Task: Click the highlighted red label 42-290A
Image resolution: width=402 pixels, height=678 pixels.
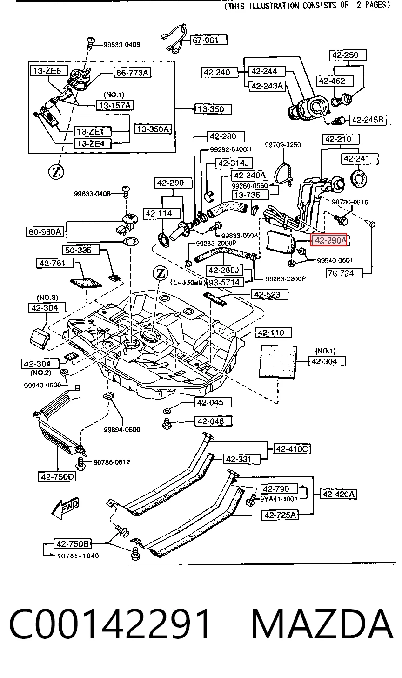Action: tap(329, 240)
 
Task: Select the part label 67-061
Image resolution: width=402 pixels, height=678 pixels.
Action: tap(209, 40)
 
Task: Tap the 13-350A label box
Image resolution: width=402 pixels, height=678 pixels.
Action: tap(153, 129)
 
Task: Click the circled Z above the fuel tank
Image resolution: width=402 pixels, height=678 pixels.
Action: tap(161, 274)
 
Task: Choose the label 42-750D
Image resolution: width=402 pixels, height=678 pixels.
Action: tap(57, 477)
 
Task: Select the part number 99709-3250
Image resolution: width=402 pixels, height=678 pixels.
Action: tap(283, 145)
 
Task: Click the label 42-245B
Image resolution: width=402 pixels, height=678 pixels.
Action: tap(368, 120)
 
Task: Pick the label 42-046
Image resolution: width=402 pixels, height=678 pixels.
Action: tap(213, 421)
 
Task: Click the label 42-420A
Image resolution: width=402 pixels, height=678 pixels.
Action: tap(338, 494)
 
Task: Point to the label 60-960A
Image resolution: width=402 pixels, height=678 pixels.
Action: tap(45, 232)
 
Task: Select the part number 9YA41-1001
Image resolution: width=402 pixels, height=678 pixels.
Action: tap(279, 499)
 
